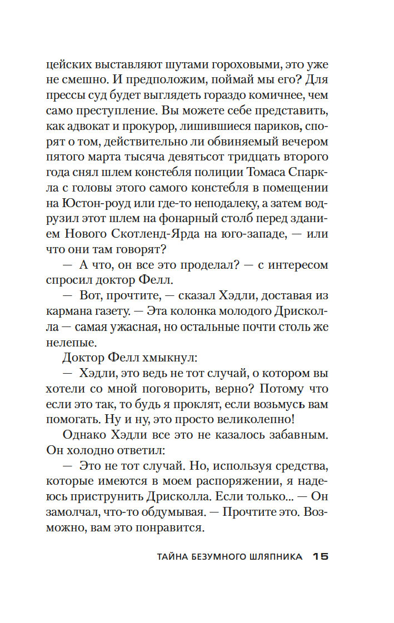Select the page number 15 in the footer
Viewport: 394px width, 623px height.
pyautogui.click(x=321, y=556)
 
